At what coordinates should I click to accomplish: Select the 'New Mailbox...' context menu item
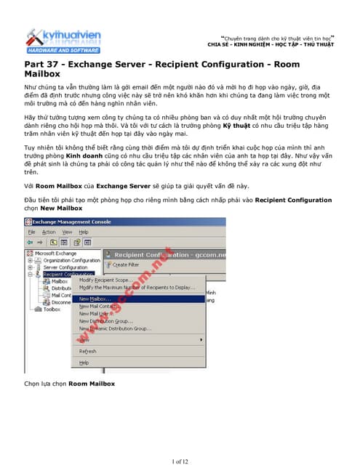[95, 299]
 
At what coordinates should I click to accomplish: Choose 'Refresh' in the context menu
[87, 351]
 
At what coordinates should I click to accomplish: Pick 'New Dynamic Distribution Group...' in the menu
[115, 328]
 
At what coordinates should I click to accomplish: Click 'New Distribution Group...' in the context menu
[105, 320]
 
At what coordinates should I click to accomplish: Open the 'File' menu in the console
[31, 232]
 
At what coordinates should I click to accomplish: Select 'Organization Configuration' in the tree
[71, 260]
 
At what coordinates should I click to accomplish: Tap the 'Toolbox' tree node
[52, 309]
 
